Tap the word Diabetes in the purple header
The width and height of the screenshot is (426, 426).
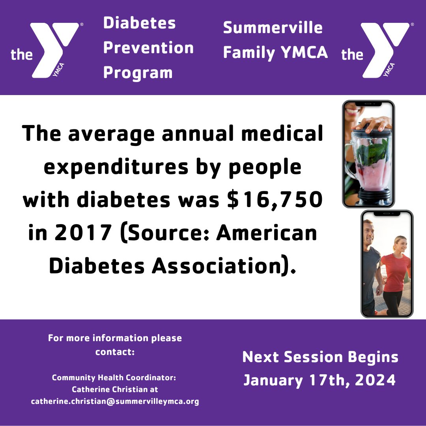tap(139, 23)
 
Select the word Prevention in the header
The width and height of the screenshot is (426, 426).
tap(148, 48)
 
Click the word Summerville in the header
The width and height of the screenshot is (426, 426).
tap(273, 28)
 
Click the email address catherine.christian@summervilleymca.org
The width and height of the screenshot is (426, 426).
tap(115, 402)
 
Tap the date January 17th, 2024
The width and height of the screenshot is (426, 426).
tap(319, 380)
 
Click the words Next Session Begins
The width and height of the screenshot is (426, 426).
tap(320, 357)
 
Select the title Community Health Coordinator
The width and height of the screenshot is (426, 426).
tap(114, 377)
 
